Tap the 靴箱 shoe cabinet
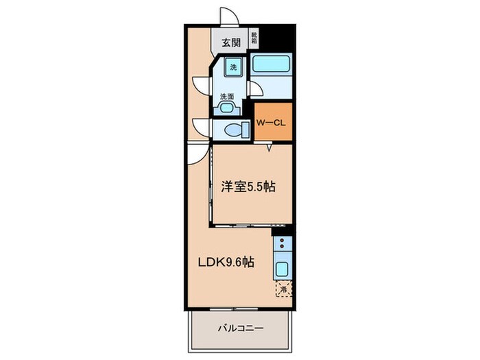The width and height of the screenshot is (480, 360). click(254, 38)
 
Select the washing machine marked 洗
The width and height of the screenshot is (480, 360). click(233, 67)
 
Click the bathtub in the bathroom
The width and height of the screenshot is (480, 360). click(271, 65)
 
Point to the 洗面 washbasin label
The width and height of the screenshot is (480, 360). click(226, 97)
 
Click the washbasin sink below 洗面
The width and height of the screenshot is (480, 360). click(227, 107)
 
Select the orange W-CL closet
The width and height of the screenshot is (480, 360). click(273, 123)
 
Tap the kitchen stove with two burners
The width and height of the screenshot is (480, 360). click(283, 243)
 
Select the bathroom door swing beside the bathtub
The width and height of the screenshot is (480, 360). click(255, 87)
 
